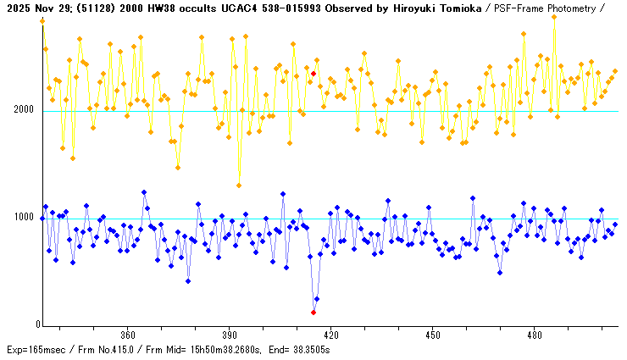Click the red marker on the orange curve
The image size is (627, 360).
coord(313,74)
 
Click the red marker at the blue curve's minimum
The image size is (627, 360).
coord(313,313)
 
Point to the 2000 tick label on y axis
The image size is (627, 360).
coord(24,111)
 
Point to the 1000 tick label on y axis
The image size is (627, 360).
coord(24,219)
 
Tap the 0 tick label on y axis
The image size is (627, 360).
coord(38,325)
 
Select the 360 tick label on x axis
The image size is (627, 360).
coord(128,335)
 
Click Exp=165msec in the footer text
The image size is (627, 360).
coord(32,349)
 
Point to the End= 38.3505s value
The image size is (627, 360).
coord(301,349)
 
